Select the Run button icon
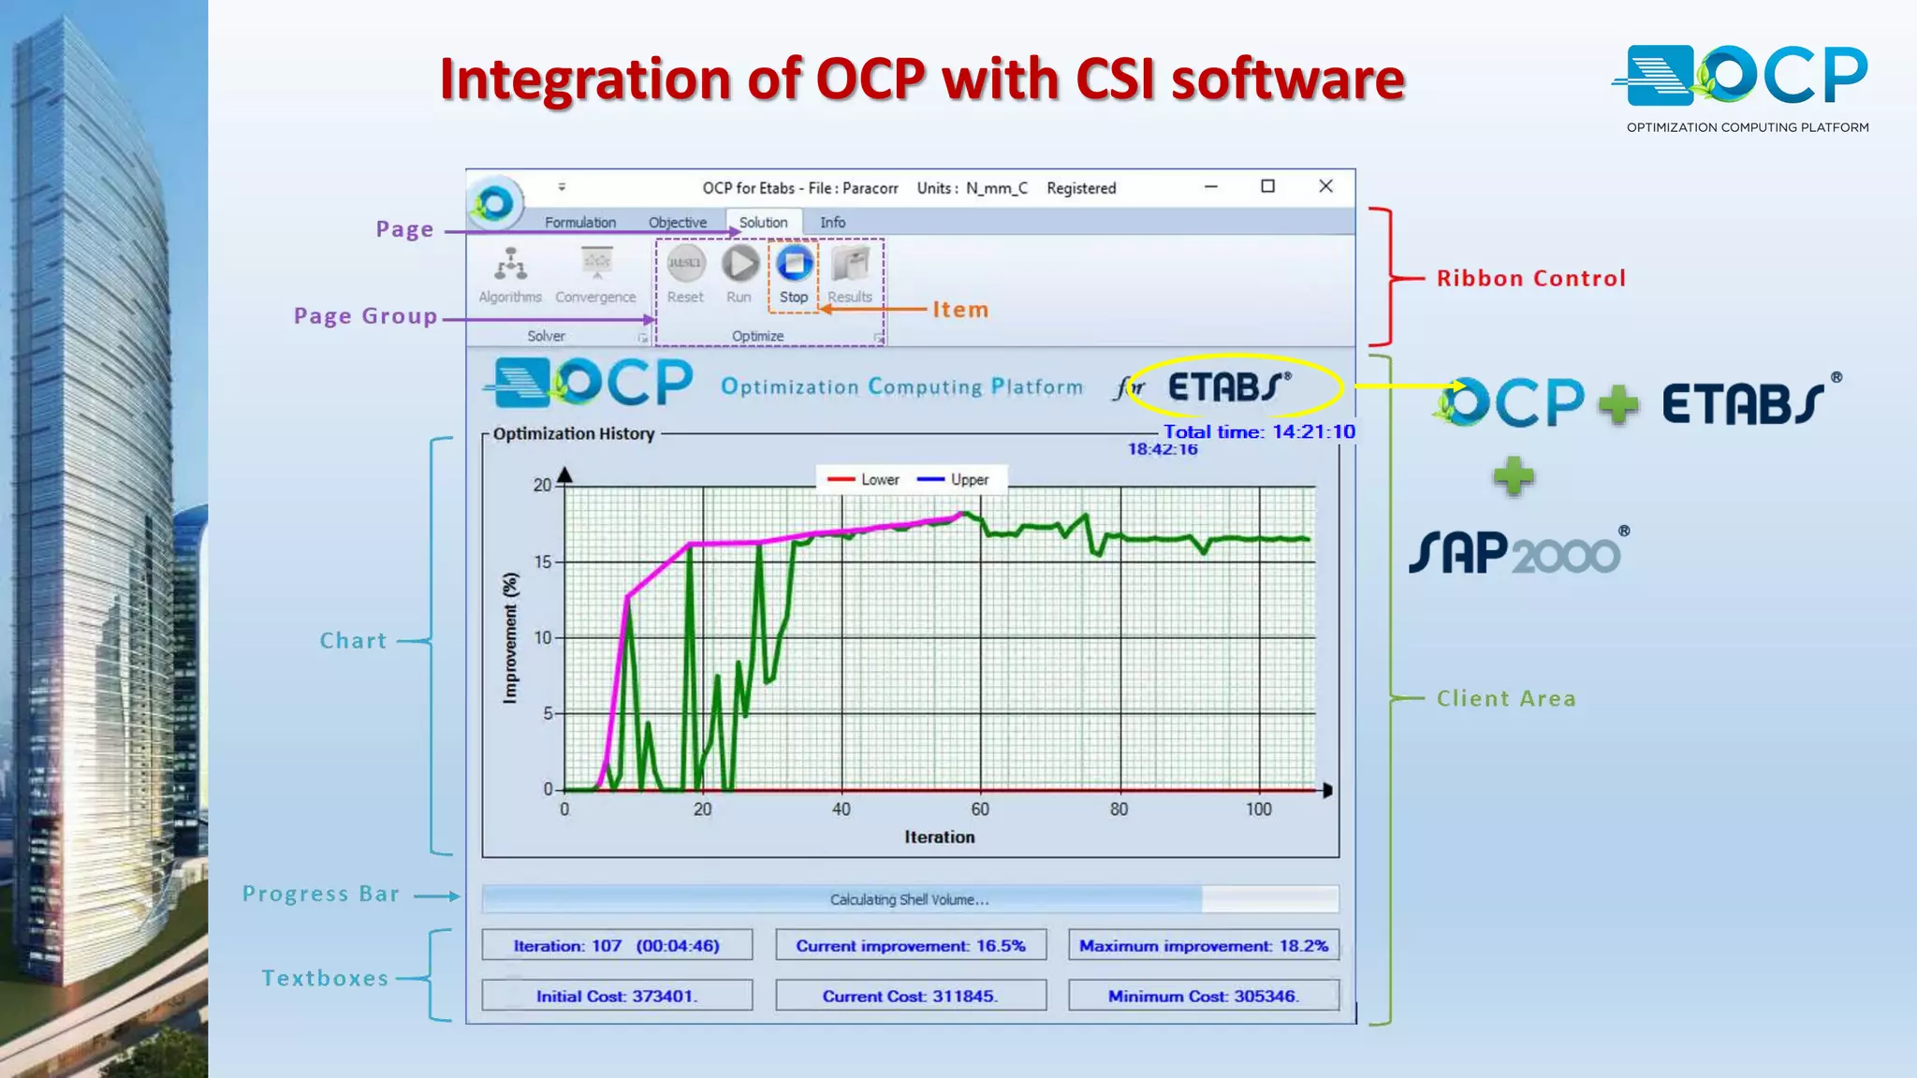[739, 264]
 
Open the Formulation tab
[580, 223]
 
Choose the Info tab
[832, 223]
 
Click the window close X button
[1325, 186]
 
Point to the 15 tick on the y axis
[543, 562]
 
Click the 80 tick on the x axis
[1119, 809]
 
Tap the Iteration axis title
[939, 838]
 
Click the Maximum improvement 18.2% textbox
[1204, 946]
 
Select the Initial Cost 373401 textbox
[617, 997]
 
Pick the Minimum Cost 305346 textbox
[1204, 997]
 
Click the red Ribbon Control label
[1531, 279]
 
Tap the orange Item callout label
[960, 310]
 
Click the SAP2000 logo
[1516, 552]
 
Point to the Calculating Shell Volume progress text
[909, 900]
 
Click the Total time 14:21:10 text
[1259, 432]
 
